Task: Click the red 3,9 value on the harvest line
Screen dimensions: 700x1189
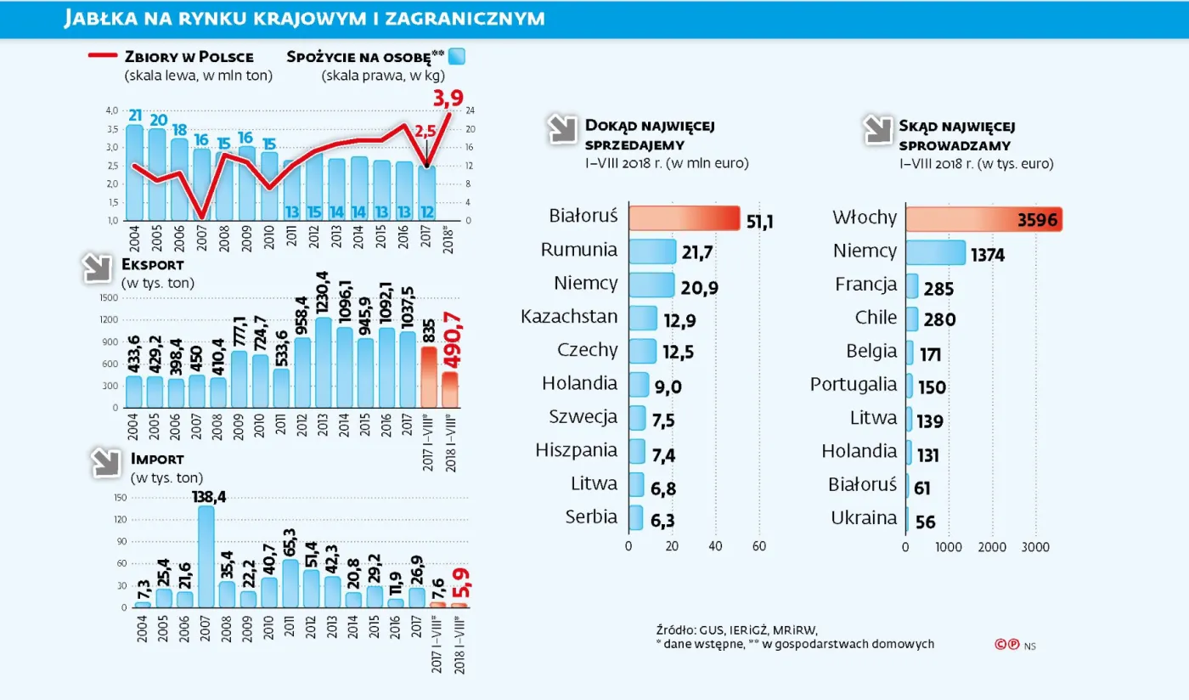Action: click(448, 99)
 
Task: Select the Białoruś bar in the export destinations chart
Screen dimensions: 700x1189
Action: click(684, 217)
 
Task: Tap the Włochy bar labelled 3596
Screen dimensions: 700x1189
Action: click(983, 218)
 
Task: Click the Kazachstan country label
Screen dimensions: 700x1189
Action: click(569, 317)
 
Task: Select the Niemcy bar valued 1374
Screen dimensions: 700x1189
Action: click(935, 252)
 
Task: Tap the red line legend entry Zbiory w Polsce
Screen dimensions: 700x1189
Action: click(170, 57)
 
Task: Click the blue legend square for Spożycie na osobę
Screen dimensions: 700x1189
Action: click(457, 57)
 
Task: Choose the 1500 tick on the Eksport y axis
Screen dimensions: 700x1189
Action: click(108, 298)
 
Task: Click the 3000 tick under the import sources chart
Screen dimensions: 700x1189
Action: click(1034, 546)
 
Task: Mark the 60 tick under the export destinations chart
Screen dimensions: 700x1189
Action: click(759, 546)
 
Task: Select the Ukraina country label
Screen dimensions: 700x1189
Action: click(863, 517)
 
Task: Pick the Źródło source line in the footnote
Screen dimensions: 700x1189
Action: click(735, 629)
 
